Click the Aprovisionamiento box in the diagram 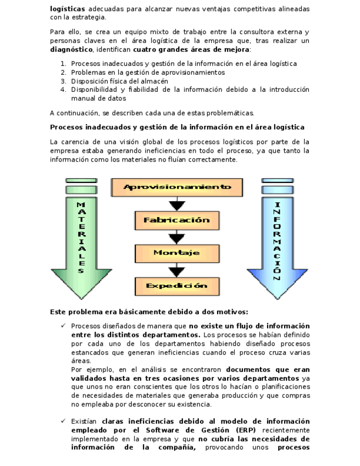click(x=176, y=187)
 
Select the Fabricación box click(x=176, y=220)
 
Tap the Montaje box click(x=176, y=253)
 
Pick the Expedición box click(x=176, y=286)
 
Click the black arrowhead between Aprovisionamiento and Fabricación click(x=176, y=205)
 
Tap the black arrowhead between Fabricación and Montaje click(x=176, y=238)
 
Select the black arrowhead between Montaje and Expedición click(x=176, y=271)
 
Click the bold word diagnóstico click(x=71, y=49)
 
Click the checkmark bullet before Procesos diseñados click(x=64, y=326)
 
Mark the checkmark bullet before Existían click(x=64, y=421)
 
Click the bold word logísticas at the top click(x=67, y=9)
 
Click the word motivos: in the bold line click(x=231, y=311)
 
